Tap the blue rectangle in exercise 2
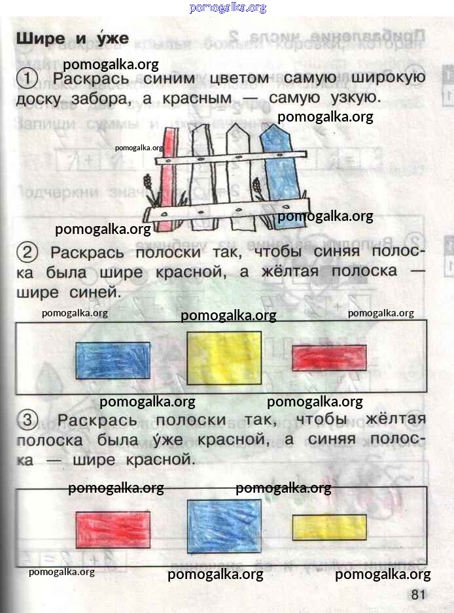(x=113, y=361)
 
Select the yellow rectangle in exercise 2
(x=224, y=358)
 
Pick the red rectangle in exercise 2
(x=330, y=357)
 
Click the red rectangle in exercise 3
(x=113, y=529)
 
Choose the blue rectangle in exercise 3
(x=224, y=526)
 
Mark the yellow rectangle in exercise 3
(x=330, y=527)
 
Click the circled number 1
(x=27, y=78)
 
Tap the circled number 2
(x=27, y=252)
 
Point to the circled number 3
(x=27, y=420)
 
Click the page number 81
(x=418, y=595)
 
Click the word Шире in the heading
(x=41, y=39)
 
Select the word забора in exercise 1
(x=101, y=98)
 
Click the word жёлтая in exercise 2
(x=290, y=271)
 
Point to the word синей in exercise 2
(x=95, y=291)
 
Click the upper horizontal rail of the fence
(x=230, y=157)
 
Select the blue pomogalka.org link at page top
(x=228, y=7)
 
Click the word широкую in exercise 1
(x=388, y=77)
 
